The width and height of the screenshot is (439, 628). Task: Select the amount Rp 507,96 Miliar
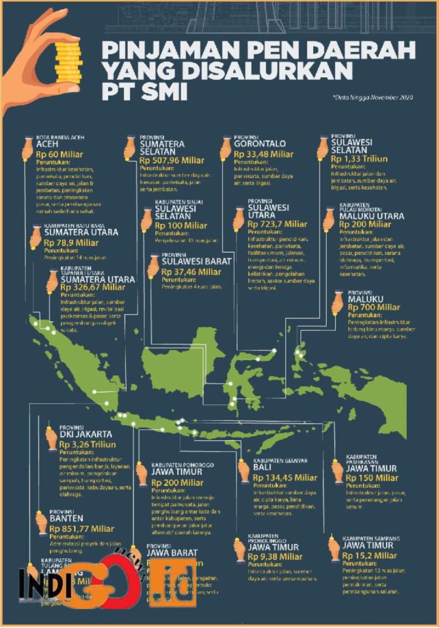172,160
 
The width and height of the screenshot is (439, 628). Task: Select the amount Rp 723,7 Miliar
277,224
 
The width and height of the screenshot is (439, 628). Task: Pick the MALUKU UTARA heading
371,216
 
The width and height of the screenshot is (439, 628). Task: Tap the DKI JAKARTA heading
85,434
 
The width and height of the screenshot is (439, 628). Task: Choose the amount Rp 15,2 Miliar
369,555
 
